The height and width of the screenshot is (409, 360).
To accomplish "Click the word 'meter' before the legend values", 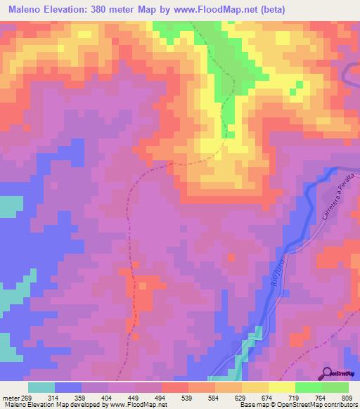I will click(x=10, y=397).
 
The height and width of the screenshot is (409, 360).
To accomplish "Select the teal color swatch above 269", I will click(x=41, y=387).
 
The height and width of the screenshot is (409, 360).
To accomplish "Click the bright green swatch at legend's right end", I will click(x=335, y=387).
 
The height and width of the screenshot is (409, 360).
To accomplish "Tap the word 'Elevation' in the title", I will click(x=78, y=10).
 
